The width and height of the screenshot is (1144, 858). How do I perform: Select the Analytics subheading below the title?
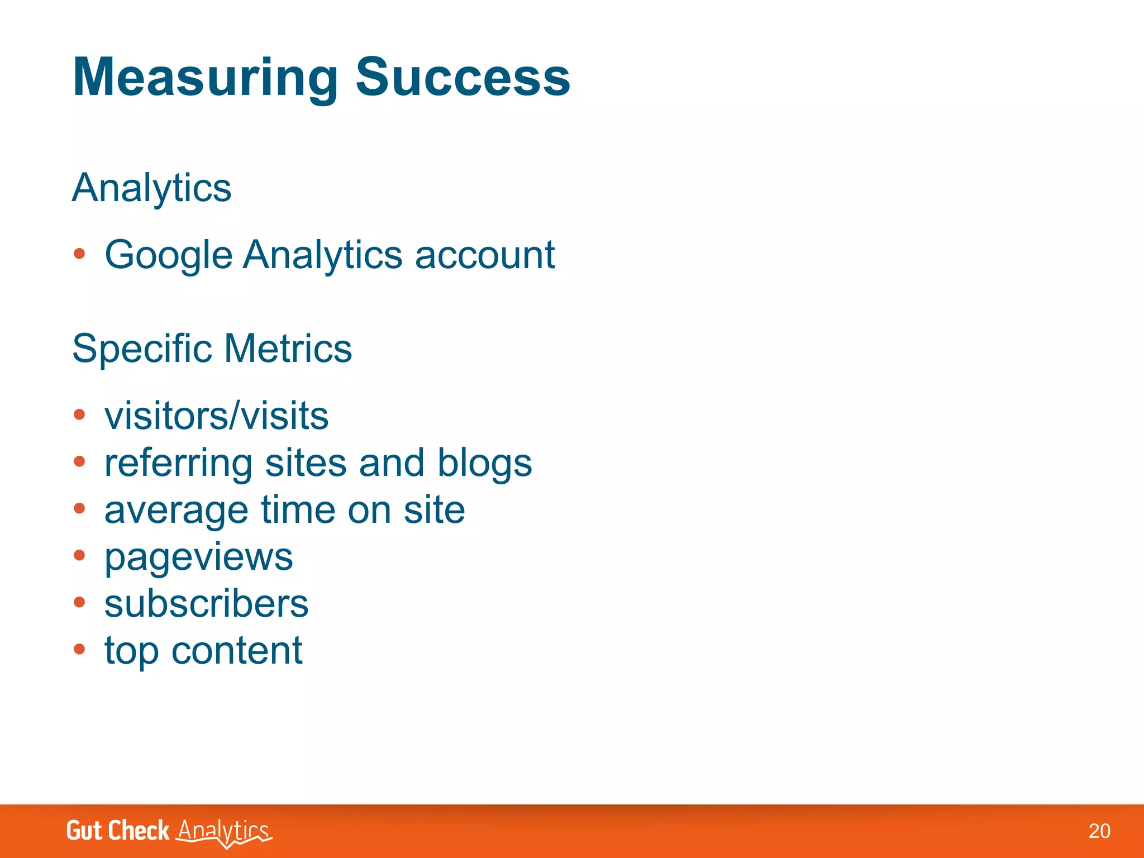151,188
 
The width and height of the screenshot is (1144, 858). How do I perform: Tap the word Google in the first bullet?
168,256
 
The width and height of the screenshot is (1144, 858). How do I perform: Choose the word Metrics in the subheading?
288,348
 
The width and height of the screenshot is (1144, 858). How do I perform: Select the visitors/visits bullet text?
216,416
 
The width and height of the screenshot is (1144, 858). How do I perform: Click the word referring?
179,464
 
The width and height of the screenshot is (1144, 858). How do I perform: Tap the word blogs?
484,464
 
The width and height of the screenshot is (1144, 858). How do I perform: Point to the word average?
176,511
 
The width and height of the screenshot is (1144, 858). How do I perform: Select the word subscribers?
206,604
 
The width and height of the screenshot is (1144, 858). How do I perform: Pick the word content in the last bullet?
236,651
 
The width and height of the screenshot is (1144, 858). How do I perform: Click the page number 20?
1099,831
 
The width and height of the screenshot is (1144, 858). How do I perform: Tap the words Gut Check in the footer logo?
117,831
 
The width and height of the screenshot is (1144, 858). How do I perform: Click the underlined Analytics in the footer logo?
223,831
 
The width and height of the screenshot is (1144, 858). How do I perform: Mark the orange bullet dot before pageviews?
79,555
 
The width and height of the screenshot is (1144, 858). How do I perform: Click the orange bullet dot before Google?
79,254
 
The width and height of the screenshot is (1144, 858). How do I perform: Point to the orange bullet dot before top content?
79,649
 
